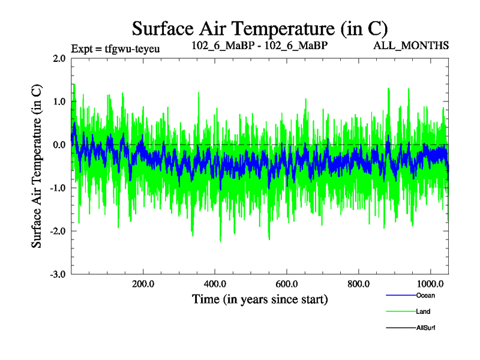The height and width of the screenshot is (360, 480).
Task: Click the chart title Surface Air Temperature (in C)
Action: point(260,28)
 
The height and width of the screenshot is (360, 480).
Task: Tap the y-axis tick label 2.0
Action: point(59,59)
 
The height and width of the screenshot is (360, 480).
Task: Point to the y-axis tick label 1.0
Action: point(59,102)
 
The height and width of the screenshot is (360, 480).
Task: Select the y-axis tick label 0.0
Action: point(59,145)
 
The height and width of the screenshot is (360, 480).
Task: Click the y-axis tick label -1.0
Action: point(58,188)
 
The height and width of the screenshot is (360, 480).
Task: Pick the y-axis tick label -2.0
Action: point(58,232)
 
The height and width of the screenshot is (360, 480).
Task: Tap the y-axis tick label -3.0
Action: point(58,274)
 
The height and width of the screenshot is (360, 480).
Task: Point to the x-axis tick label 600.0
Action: point(287,284)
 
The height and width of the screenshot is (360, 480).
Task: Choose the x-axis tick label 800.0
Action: point(359,284)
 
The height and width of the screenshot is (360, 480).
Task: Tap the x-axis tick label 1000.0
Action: point(431,284)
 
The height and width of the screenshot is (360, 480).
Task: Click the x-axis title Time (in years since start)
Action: point(260,299)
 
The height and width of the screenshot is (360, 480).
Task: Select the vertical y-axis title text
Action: point(37,166)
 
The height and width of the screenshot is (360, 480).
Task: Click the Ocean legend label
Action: point(425,295)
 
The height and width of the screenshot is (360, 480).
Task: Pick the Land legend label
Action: point(423,311)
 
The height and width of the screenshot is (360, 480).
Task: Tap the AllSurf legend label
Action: point(426,328)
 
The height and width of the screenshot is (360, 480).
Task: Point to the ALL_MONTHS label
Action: point(412,45)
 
